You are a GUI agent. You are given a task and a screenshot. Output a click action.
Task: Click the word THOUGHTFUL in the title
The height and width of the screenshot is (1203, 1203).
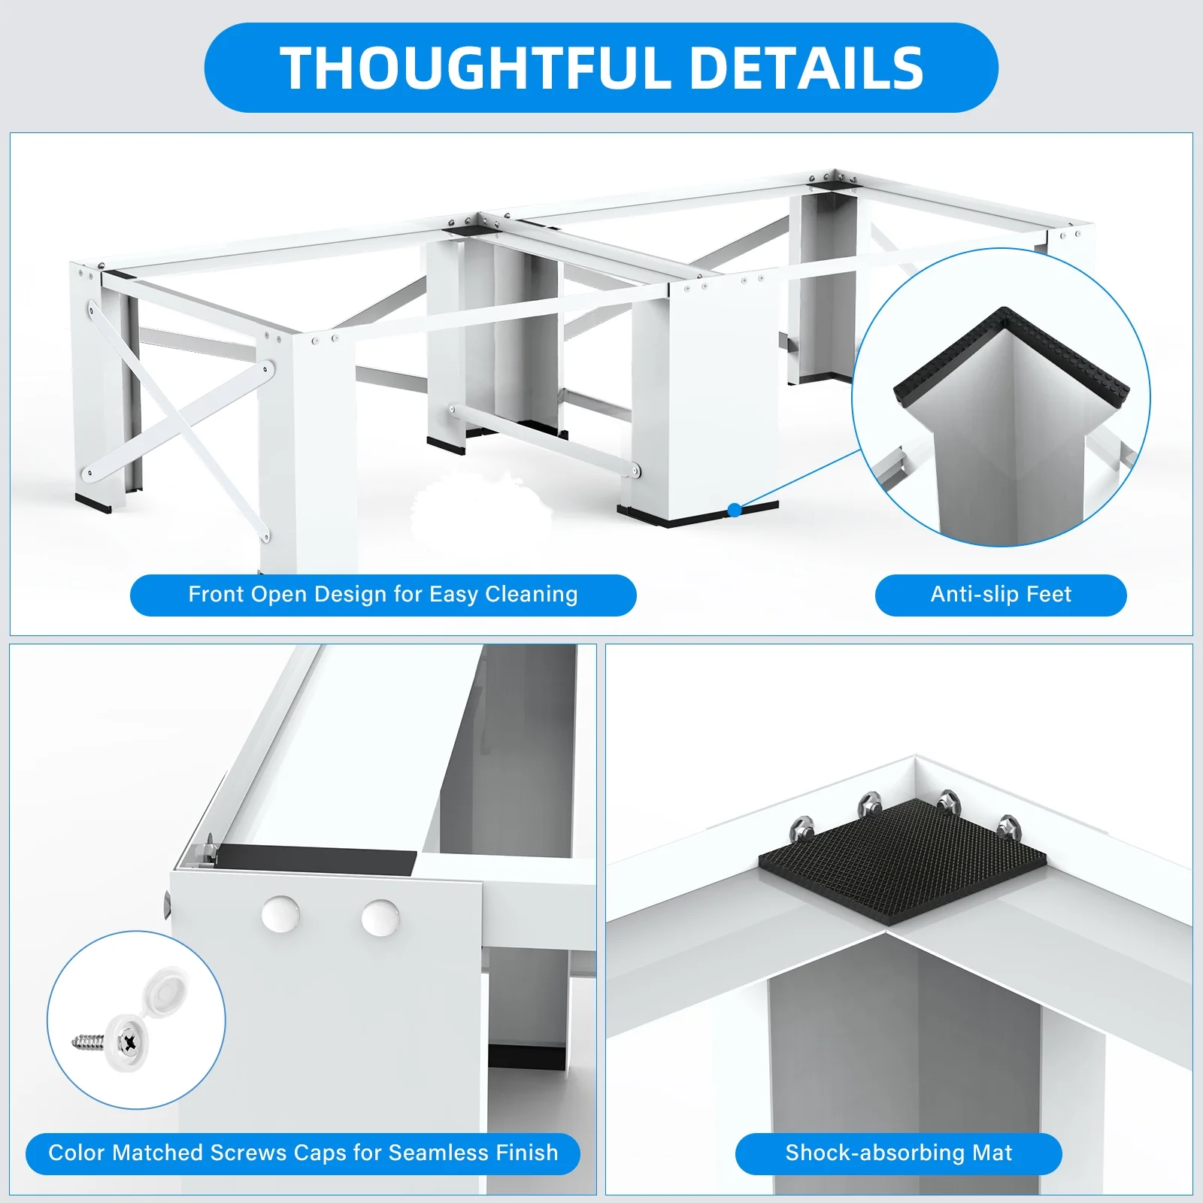pos(476,68)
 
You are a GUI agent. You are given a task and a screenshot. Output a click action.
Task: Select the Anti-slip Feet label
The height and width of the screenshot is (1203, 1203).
pos(1001,595)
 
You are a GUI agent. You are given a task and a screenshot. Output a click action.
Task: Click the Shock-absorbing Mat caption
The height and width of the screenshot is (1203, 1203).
pos(898,1153)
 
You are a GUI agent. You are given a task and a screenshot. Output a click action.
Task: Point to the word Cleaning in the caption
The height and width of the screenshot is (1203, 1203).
pos(532,595)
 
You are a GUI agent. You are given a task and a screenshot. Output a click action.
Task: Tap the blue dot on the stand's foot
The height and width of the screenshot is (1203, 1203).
pos(735,511)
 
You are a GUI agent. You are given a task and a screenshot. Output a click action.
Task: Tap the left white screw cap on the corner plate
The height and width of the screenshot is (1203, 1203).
pos(280,914)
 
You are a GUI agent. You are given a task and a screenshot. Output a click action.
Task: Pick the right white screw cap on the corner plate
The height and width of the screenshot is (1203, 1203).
pos(380,918)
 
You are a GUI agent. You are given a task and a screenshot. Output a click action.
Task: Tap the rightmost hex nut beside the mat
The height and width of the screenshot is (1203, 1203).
pos(1008,826)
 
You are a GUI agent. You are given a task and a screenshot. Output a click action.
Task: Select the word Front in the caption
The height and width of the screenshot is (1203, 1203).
pos(217,595)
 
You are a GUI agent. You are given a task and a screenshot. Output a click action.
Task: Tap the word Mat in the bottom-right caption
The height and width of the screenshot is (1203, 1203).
pos(992,1153)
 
